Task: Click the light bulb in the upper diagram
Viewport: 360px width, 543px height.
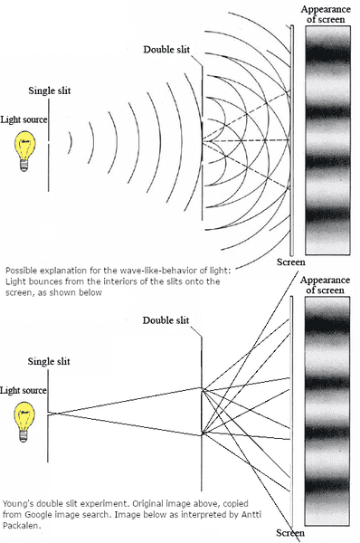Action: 25,151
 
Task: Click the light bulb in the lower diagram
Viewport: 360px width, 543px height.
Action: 24,422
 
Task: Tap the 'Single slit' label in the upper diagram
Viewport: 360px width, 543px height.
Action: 50,90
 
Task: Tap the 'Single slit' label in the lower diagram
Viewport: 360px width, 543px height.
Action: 49,361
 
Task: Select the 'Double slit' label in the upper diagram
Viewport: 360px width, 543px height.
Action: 166,50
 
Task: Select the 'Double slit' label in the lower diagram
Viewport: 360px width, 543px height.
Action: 166,320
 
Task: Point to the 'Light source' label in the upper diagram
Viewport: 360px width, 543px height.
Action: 24,119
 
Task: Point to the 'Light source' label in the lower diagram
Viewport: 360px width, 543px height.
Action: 24,391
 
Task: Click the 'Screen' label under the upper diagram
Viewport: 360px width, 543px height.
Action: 290,262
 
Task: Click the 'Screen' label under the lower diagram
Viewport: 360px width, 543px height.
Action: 290,533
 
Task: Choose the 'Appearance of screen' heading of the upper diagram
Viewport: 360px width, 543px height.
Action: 326,14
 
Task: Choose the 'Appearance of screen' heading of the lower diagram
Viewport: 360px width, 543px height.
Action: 325,285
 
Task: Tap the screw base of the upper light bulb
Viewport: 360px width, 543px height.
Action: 24,166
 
